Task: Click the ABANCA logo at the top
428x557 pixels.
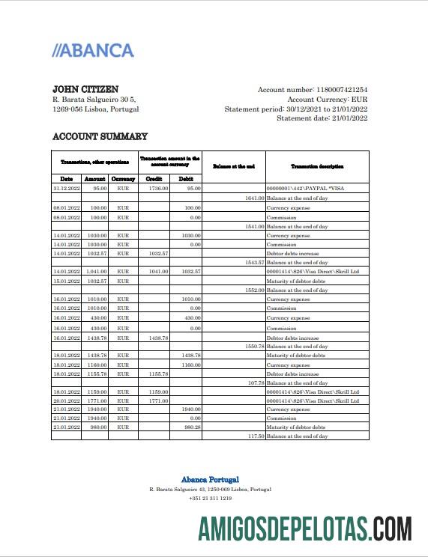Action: click(93, 51)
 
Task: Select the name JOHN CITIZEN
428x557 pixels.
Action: click(85, 89)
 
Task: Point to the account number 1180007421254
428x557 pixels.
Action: click(333, 90)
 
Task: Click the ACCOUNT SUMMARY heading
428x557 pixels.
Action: click(100, 136)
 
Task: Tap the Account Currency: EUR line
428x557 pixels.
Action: click(328, 99)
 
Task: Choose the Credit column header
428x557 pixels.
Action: click(154, 179)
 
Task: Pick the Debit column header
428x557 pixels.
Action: click(186, 179)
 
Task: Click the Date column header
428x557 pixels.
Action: click(66, 179)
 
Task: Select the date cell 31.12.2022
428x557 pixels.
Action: click(66, 189)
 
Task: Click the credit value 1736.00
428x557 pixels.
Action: click(158, 189)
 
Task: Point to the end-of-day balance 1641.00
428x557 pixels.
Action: click(254, 198)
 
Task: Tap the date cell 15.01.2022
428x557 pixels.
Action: click(66, 281)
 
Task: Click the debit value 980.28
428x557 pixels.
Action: click(190, 427)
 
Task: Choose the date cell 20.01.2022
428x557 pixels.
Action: click(66, 401)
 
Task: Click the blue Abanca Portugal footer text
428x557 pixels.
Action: click(210, 479)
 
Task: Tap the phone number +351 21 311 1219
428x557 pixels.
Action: click(210, 498)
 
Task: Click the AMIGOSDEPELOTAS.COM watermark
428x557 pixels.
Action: click(304, 529)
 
